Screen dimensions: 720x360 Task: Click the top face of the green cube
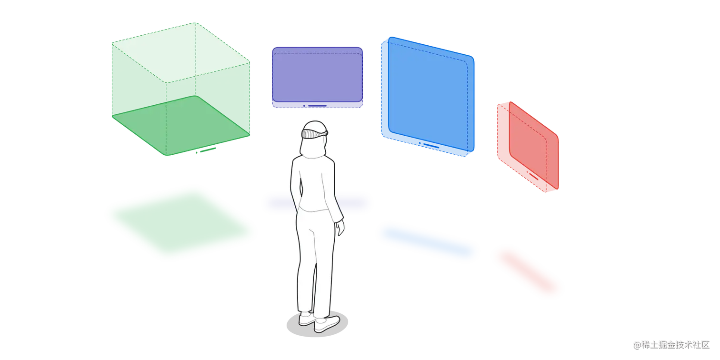click(181, 52)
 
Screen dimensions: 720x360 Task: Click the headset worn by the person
click(314, 133)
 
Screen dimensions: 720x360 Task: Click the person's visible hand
click(341, 229)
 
